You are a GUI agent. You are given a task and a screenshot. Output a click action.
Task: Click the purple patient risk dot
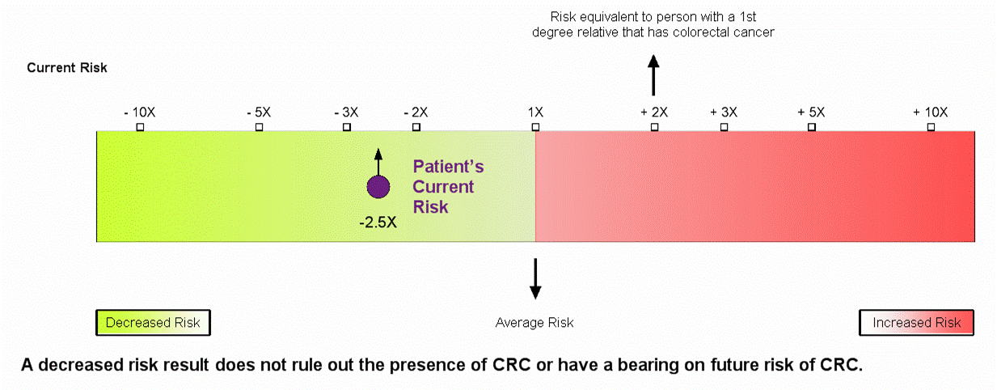(378, 187)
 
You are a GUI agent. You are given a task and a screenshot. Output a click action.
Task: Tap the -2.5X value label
(378, 223)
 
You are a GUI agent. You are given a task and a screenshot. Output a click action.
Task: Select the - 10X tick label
(140, 112)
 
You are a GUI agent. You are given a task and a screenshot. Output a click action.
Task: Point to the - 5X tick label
(259, 112)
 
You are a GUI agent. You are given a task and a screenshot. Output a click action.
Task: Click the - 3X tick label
(346, 112)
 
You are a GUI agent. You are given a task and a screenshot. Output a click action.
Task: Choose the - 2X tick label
(416, 112)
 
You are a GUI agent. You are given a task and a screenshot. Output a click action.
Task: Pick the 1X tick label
(535, 112)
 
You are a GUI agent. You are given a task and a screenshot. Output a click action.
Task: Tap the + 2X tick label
(654, 112)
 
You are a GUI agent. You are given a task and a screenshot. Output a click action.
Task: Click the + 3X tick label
(724, 112)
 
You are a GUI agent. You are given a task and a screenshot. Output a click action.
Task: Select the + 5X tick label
(811, 112)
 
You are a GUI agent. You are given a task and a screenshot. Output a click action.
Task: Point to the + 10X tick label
(930, 112)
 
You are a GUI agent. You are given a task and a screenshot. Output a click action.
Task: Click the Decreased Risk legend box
(153, 322)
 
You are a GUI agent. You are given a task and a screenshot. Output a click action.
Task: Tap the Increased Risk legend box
(916, 322)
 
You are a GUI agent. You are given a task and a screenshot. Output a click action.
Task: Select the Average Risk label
(534, 322)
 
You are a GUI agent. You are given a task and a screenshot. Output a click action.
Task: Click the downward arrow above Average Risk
(535, 278)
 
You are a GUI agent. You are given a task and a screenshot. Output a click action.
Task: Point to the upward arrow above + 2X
(653, 75)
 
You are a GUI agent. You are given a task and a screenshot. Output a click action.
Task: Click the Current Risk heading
(67, 68)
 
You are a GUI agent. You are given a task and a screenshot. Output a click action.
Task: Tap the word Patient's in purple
(448, 167)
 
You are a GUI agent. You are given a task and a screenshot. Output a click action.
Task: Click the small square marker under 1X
(535, 127)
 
